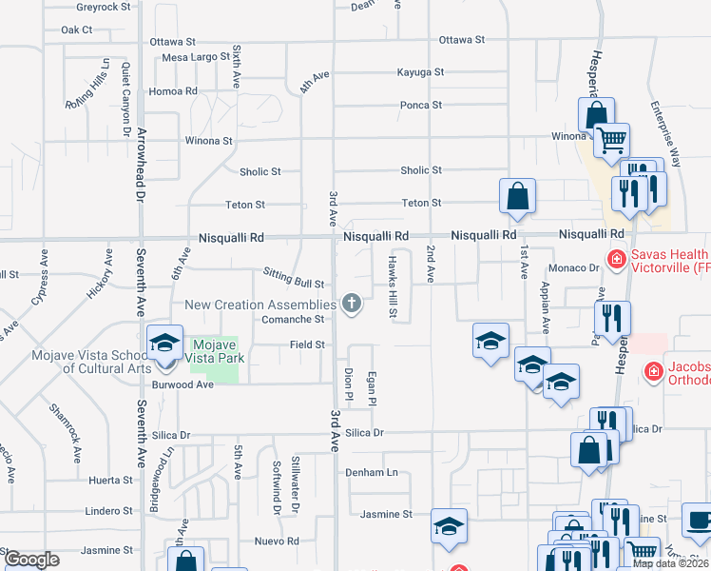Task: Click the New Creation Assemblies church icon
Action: coord(352,305)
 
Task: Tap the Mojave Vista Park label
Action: coord(219,351)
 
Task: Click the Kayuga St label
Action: coord(421,72)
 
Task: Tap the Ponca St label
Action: coord(421,105)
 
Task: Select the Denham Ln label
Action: coord(376,472)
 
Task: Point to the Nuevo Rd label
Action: coord(277,541)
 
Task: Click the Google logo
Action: coord(32,560)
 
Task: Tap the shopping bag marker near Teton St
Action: coord(518,197)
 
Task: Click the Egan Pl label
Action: coord(373,386)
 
